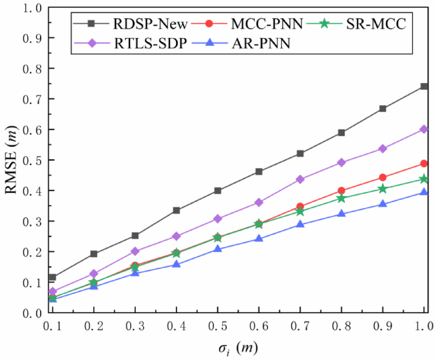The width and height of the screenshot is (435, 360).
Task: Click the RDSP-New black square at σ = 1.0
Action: pyautogui.click(x=424, y=86)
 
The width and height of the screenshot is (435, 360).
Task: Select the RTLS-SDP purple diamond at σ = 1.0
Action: pyautogui.click(x=424, y=129)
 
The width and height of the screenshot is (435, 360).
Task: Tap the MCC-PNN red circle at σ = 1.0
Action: pyautogui.click(x=424, y=163)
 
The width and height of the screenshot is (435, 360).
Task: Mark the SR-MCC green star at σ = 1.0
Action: pyautogui.click(x=424, y=179)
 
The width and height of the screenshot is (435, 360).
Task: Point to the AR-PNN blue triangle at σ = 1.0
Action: pyautogui.click(x=424, y=192)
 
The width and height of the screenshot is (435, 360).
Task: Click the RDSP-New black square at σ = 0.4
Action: pyautogui.click(x=177, y=210)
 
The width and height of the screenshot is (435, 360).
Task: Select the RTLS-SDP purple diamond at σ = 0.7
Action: pyautogui.click(x=300, y=179)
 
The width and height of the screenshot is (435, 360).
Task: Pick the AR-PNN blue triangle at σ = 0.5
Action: pyautogui.click(x=218, y=248)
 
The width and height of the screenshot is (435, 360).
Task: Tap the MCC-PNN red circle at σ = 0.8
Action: pyautogui.click(x=342, y=190)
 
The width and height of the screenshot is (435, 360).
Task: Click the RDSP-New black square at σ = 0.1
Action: pyautogui.click(x=53, y=277)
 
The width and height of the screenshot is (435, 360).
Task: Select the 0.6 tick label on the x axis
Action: pyautogui.click(x=258, y=326)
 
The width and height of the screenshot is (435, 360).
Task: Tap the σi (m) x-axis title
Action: pyautogui.click(x=238, y=348)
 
